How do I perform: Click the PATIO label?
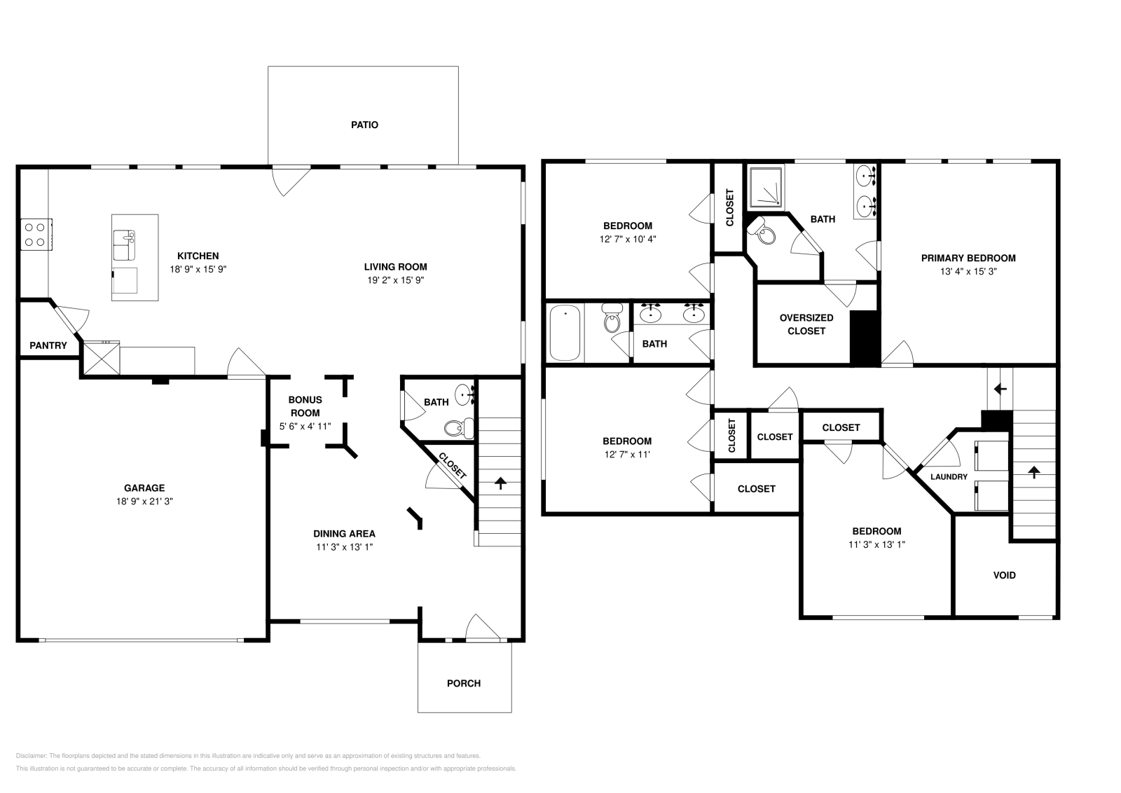point(364,125)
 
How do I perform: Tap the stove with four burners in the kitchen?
point(35,234)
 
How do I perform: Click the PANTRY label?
point(48,345)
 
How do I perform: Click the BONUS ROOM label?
point(305,406)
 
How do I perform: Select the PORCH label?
point(464,683)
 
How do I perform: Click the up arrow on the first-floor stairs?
point(500,483)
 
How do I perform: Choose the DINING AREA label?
point(344,534)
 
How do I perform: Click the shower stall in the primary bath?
point(767,187)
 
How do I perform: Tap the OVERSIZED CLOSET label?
point(806,324)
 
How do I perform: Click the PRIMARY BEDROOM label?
point(968,258)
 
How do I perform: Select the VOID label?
point(1004,575)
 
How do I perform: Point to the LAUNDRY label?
point(949,477)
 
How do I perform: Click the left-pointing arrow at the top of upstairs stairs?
point(1000,389)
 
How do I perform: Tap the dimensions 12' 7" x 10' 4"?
point(628,239)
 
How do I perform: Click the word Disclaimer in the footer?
point(30,756)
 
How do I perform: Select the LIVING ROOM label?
point(395,266)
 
